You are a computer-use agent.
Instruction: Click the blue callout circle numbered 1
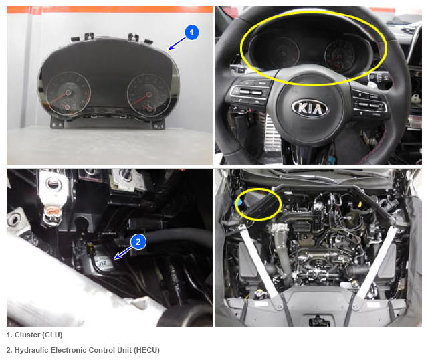click(x=192, y=33)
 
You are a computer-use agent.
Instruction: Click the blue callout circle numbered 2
click(x=138, y=242)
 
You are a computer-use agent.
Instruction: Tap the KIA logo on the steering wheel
click(x=310, y=108)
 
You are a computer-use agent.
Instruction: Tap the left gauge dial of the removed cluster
click(x=68, y=92)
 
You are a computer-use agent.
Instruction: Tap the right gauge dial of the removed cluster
click(x=149, y=95)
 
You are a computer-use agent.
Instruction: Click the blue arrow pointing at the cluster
click(x=177, y=43)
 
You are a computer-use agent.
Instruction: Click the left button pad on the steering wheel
click(x=249, y=94)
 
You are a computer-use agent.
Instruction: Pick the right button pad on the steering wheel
click(x=370, y=101)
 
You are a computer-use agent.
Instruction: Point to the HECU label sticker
click(x=103, y=263)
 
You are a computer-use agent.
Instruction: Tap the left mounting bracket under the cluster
click(x=57, y=123)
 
